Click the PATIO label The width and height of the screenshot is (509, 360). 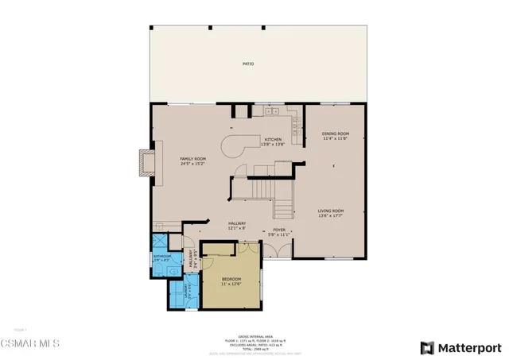[248, 63]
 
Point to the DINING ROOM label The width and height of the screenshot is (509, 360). [334, 134]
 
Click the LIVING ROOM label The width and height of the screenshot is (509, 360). [334, 211]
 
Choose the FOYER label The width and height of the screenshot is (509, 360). [274, 229]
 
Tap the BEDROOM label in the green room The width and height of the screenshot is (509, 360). [231, 279]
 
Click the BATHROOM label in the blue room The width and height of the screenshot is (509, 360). [161, 256]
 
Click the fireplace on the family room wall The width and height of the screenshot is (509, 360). [146, 161]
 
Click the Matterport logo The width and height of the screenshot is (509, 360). [460, 347]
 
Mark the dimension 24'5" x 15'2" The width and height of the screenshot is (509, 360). [193, 164]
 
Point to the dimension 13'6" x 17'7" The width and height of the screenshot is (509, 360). [334, 215]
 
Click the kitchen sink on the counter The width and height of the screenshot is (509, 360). [294, 124]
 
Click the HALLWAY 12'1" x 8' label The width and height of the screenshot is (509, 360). [236, 226]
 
